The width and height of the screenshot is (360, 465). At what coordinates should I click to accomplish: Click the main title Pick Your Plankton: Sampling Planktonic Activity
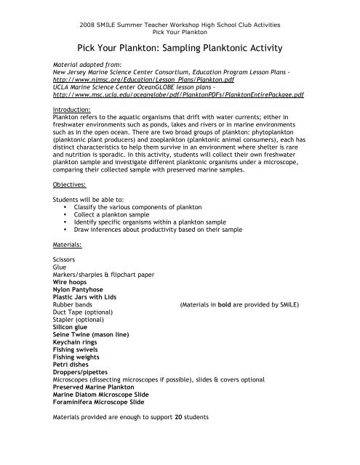pos(179,48)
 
